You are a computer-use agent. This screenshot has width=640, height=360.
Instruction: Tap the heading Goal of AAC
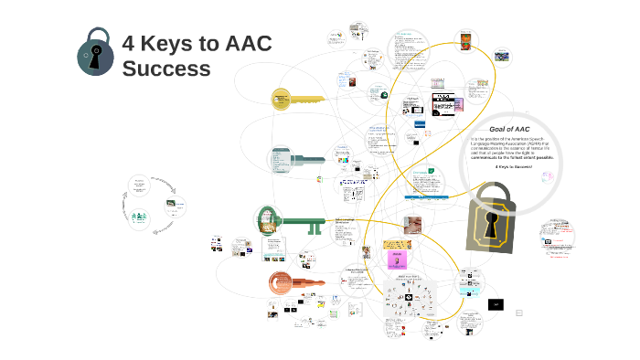pyautogui.click(x=509, y=130)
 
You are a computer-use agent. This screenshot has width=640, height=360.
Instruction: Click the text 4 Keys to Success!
pyautogui.click(x=514, y=167)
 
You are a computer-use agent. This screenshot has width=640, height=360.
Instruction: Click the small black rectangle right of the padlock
pyautogui.click(x=496, y=304)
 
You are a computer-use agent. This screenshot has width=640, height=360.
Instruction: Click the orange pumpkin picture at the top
pyautogui.click(x=466, y=39)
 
